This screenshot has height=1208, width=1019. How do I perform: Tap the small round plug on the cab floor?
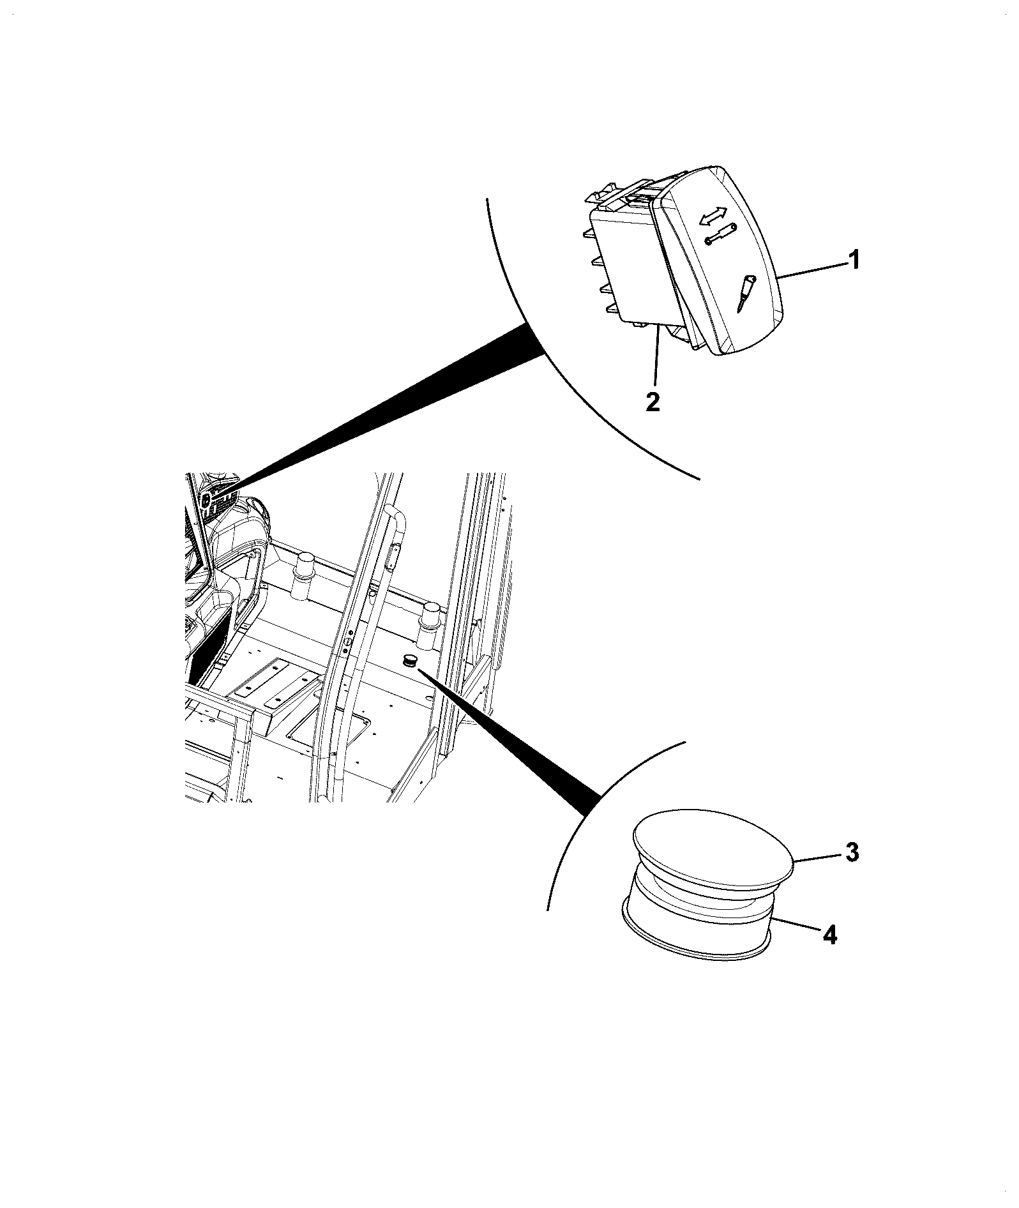409,660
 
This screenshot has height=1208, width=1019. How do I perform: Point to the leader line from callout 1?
811,268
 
